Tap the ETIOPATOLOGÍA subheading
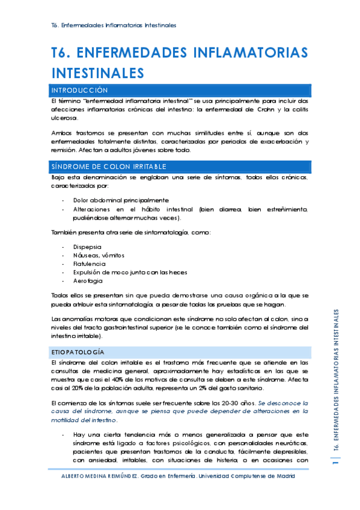(x=78, y=351)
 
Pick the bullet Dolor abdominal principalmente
(x=121, y=200)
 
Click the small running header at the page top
(x=114, y=25)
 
